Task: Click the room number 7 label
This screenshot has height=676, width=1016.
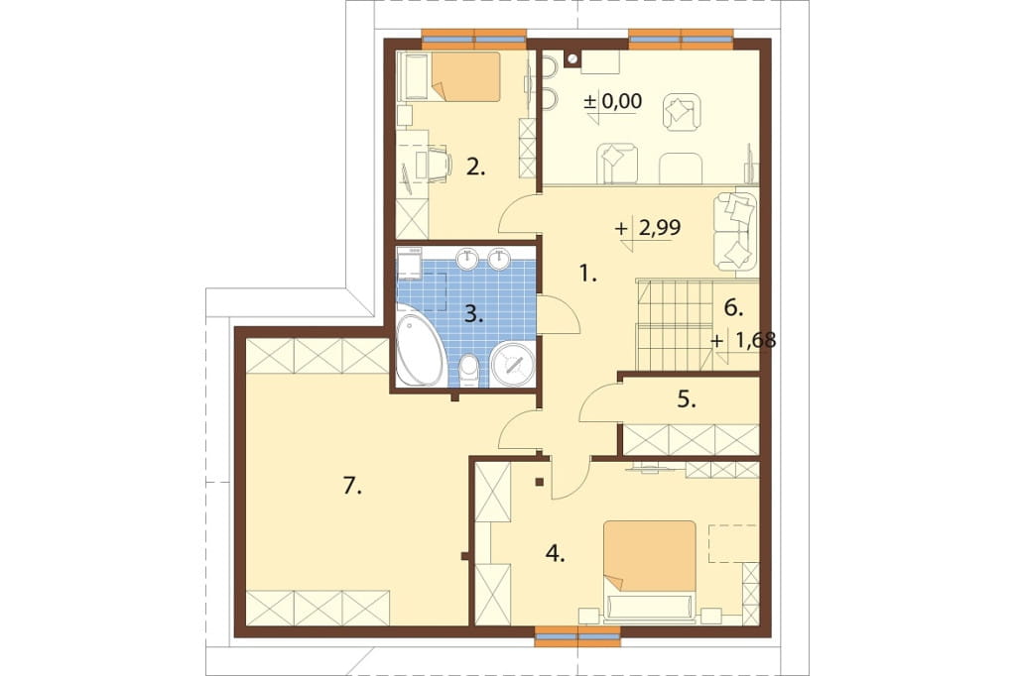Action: coord(351,486)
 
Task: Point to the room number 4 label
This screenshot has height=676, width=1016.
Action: coord(556,553)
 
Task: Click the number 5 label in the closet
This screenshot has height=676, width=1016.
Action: coord(687,399)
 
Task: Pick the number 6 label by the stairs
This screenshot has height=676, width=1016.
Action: coord(733,308)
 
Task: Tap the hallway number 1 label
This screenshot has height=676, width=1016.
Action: coord(587,275)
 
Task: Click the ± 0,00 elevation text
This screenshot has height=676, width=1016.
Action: coord(613,101)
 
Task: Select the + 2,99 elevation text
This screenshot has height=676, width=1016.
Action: coord(648,228)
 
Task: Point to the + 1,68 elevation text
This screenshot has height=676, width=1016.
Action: coord(743,340)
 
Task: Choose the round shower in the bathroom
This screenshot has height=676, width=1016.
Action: coord(513,365)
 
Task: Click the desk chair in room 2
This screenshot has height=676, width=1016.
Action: coord(438,162)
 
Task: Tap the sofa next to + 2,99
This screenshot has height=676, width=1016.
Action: coord(735,231)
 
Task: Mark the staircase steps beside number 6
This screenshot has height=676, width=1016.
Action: coord(675,325)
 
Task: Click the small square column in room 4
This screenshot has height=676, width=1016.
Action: coord(539,481)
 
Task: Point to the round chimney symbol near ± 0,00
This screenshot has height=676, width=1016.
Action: coord(572,59)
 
